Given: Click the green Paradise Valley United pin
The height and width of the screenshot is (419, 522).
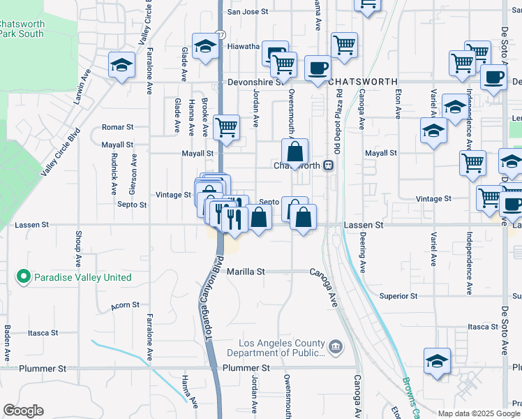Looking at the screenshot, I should [x=24, y=277].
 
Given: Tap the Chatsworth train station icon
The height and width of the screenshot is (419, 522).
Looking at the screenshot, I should [x=328, y=166].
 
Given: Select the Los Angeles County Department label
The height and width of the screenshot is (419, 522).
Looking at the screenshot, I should [x=282, y=348].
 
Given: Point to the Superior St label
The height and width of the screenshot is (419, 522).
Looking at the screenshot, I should [x=398, y=296].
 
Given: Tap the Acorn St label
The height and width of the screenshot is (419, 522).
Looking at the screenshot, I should [x=125, y=306].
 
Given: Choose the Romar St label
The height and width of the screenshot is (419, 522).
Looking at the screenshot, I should [x=117, y=127].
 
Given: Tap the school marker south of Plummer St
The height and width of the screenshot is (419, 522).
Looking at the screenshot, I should [x=437, y=362].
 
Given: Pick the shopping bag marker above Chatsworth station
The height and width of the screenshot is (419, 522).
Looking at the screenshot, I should [x=296, y=152].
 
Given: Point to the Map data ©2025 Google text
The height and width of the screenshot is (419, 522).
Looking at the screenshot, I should [x=479, y=413].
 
